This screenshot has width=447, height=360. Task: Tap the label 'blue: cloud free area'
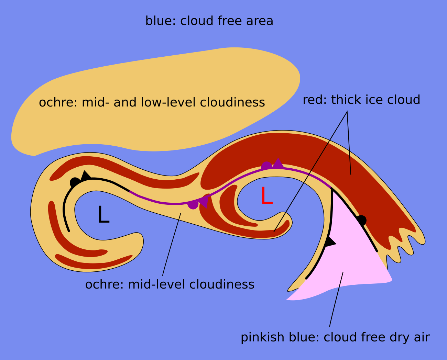[209, 21]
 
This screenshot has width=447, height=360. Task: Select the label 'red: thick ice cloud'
[361, 100]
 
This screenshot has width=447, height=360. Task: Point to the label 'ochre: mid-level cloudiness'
[170, 284]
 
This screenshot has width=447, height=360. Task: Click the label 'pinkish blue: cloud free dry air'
[335, 337]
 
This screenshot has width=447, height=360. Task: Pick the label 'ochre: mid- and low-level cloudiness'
[152, 102]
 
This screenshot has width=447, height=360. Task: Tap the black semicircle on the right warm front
[362, 220]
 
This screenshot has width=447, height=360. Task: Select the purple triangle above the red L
[278, 164]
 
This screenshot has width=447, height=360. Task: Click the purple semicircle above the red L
[266, 166]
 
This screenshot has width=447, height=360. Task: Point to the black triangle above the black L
[85, 175]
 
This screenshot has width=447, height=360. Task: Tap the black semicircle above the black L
[75, 182]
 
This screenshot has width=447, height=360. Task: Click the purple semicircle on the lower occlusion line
[193, 205]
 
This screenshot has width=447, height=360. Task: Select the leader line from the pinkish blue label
[336, 299]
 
